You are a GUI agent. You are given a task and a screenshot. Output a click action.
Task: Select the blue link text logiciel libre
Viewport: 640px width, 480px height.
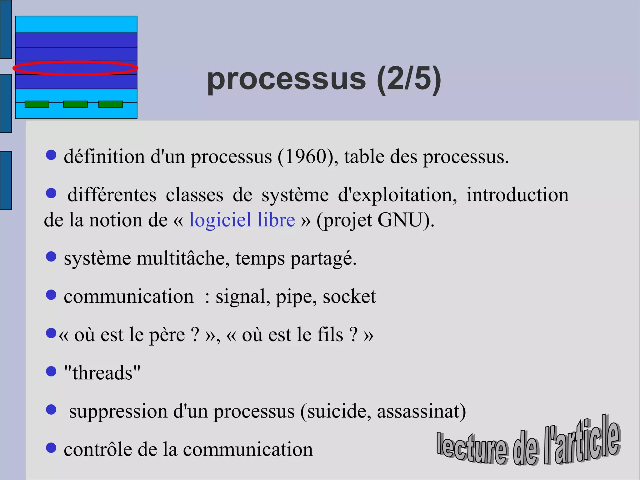coord(242,220)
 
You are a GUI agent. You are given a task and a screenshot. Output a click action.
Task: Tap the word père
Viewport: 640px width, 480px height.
coord(167,335)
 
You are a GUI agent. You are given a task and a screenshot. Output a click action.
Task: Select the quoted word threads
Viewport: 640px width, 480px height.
coord(102,373)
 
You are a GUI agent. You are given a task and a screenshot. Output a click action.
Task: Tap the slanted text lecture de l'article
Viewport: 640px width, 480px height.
coord(528,444)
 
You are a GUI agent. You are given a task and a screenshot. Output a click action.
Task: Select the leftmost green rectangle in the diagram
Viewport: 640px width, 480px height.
coord(37,104)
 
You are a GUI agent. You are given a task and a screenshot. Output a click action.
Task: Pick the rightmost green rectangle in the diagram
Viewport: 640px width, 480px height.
coord(111,104)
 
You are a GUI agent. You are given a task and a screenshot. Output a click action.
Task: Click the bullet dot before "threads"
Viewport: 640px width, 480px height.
coord(51,371)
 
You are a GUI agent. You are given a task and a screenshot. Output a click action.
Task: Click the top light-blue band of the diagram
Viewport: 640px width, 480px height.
coord(76,24)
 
